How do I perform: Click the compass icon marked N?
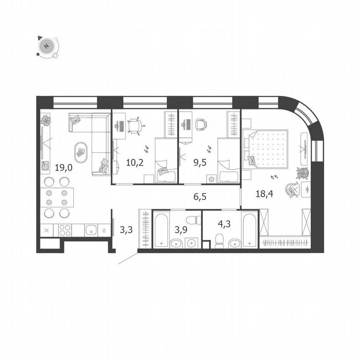[x=47, y=46]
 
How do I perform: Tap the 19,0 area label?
[x=64, y=168]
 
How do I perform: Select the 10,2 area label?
[x=135, y=162]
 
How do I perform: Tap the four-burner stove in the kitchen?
[x=65, y=230]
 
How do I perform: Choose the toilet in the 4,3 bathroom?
[x=219, y=240]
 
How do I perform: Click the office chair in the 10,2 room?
[x=135, y=125]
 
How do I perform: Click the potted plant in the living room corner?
[x=45, y=120]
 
